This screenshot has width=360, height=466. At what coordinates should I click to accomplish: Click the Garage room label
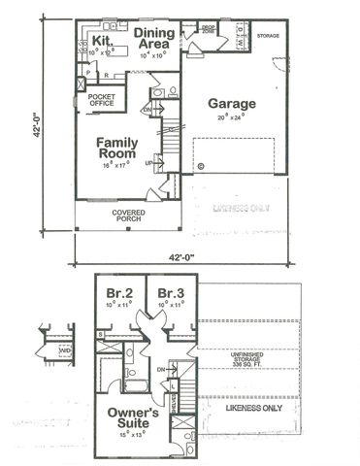click(231, 104)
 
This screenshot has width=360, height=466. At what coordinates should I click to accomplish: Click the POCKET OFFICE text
click(102, 101)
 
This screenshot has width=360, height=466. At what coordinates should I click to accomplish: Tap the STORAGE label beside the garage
click(267, 36)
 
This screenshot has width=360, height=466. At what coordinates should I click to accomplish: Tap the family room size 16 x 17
click(117, 166)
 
